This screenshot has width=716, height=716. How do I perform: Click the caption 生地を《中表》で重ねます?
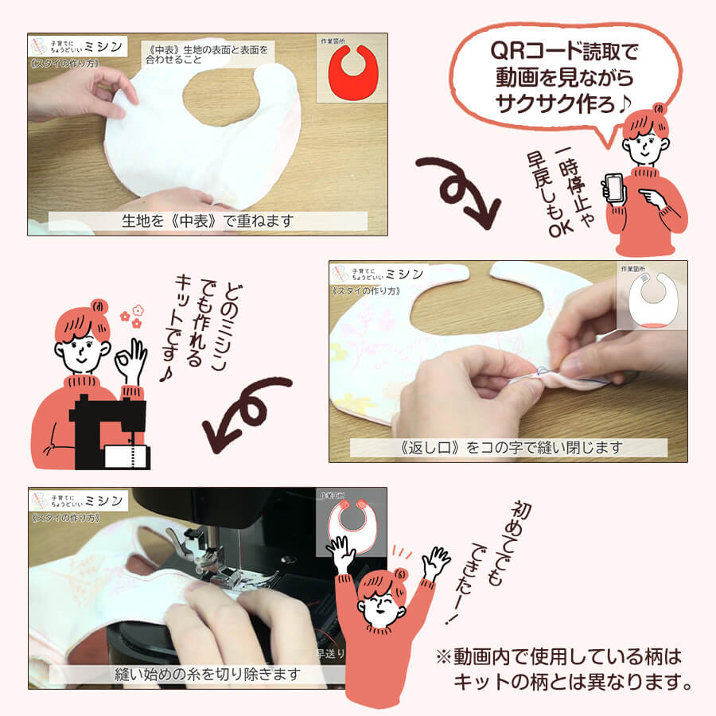coord(208,221)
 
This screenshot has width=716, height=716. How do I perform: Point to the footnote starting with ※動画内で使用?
coord(561,670)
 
